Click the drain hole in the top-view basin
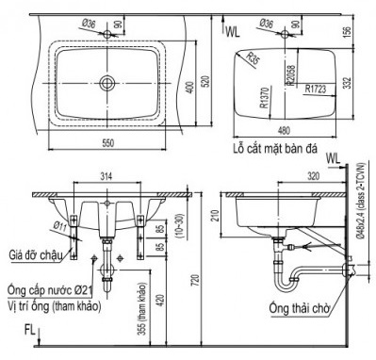click(108, 84)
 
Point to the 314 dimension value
click(106, 176)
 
